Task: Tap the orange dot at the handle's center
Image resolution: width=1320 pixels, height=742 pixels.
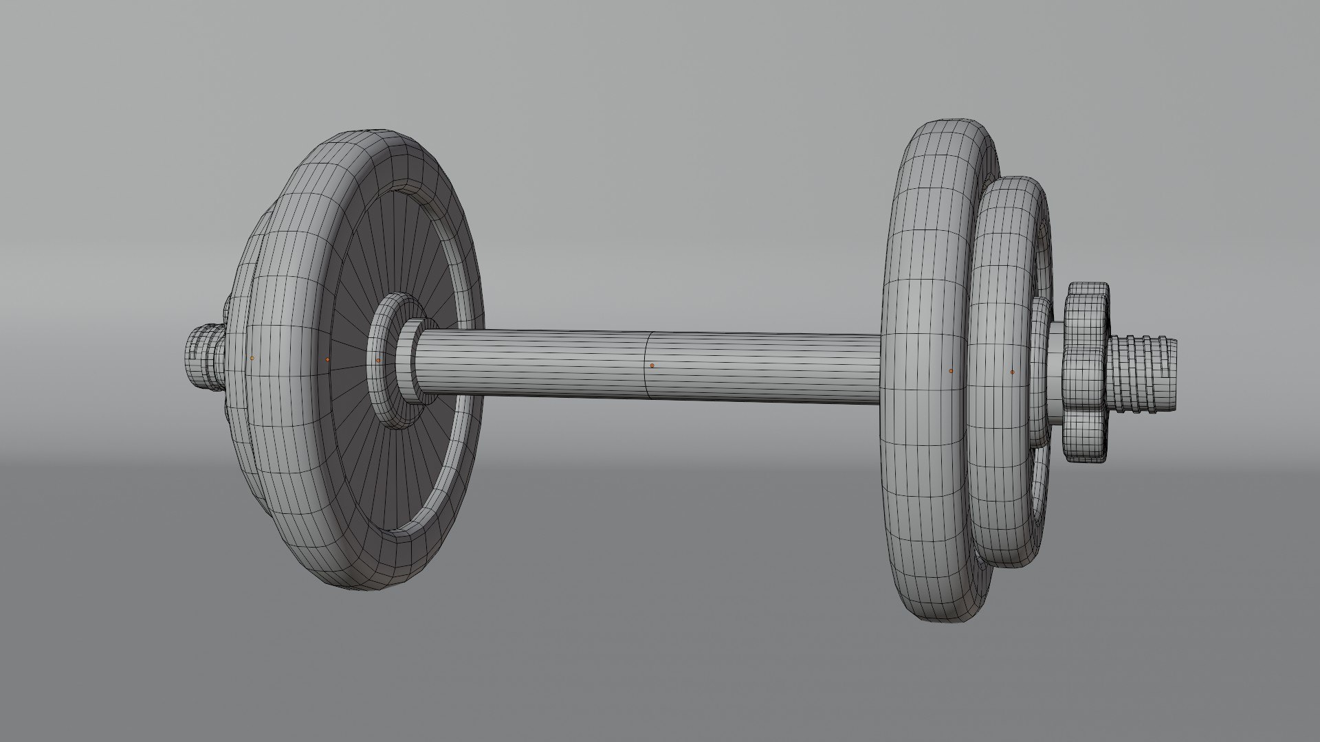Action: click(652, 365)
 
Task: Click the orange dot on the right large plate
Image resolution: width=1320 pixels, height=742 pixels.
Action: click(951, 370)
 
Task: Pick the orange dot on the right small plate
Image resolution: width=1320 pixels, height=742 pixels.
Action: click(1012, 372)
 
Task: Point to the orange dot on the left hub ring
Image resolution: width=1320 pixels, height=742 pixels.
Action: click(378, 360)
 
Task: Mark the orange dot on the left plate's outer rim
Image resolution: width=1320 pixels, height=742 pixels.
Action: click(252, 358)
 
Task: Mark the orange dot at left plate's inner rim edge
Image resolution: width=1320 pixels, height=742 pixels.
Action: click(328, 359)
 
